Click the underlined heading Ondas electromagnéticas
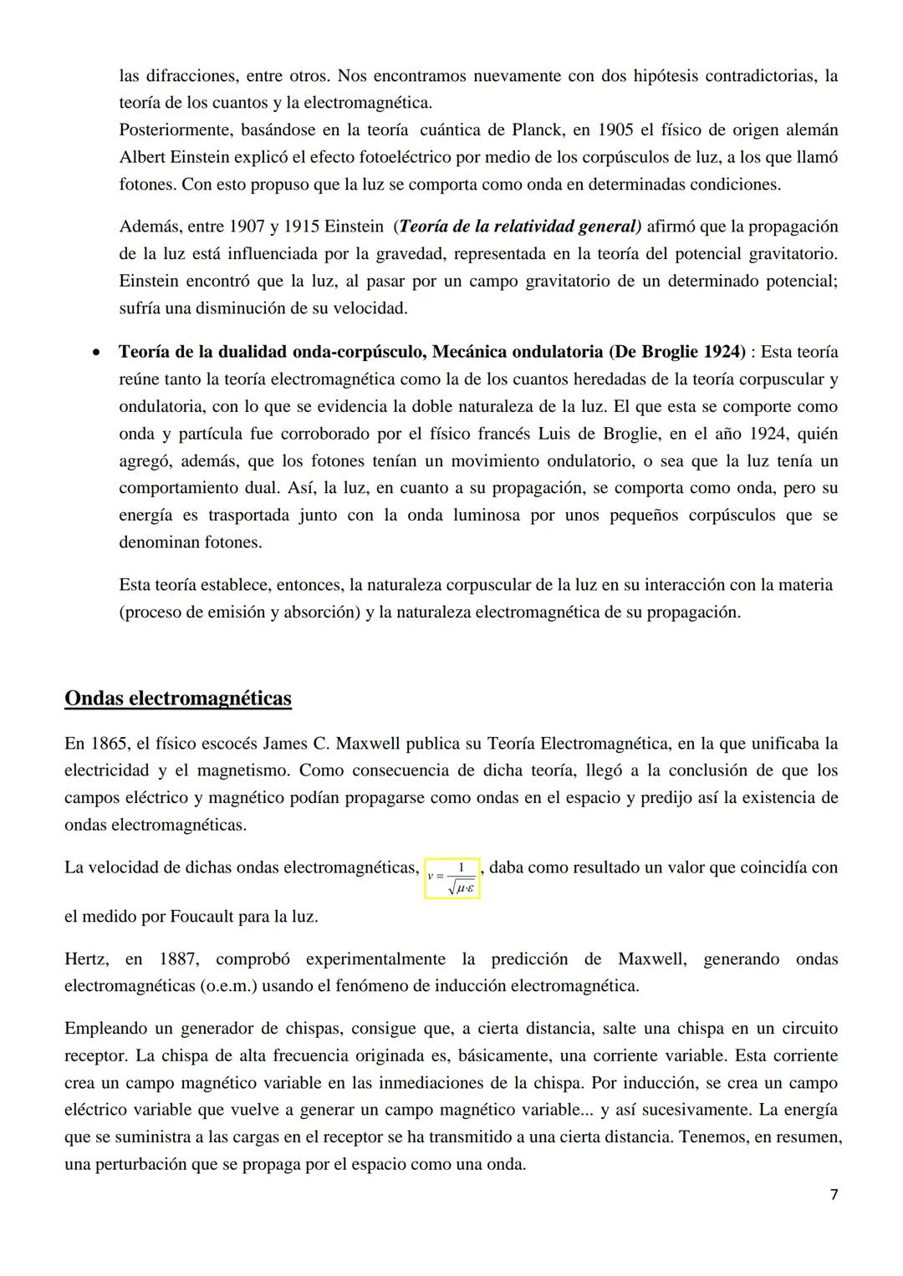point(178,699)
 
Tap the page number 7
point(834,1195)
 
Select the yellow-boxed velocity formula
point(452,878)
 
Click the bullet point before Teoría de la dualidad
point(99,353)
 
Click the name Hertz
point(85,959)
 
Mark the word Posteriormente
point(176,130)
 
